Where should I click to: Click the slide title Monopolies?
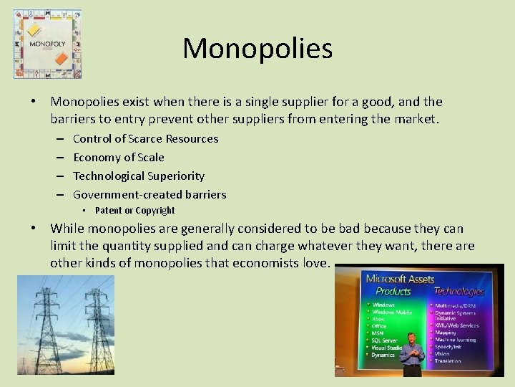[257, 49]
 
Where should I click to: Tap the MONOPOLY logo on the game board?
[47, 43]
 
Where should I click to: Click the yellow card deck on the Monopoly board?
[34, 29]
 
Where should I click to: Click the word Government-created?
[124, 195]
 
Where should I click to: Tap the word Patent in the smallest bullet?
[109, 211]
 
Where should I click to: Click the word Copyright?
[152, 211]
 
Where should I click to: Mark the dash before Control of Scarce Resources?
[58, 139]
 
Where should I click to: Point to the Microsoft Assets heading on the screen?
[401, 279]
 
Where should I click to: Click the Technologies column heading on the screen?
[459, 292]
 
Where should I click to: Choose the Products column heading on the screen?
[393, 292]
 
